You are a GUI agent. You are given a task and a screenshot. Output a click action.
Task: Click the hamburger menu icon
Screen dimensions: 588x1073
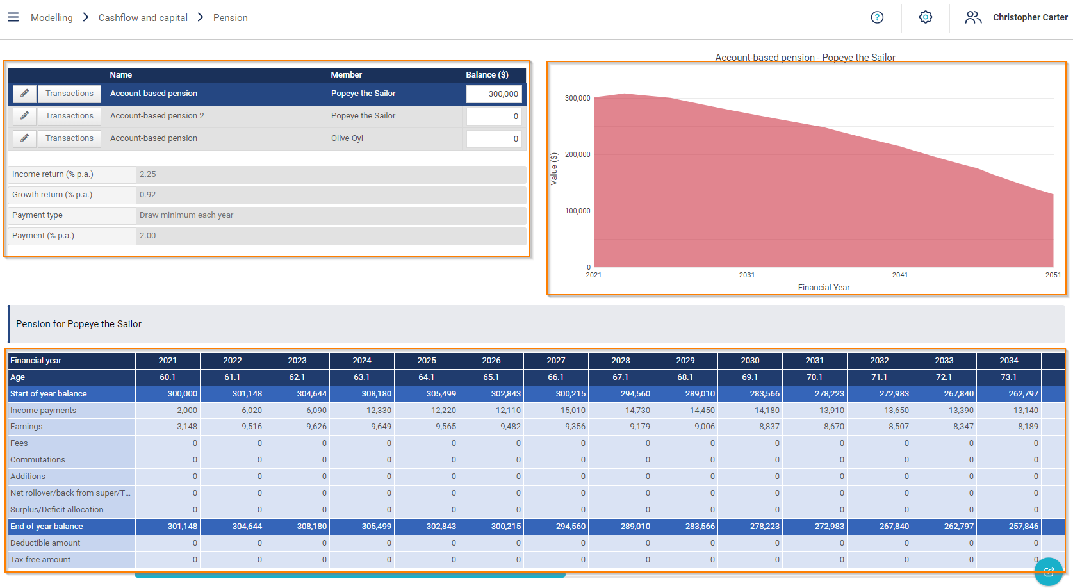point(13,17)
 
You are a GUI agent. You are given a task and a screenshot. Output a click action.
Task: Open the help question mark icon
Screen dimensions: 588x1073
point(877,17)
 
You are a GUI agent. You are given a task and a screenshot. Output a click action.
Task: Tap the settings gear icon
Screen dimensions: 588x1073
point(925,17)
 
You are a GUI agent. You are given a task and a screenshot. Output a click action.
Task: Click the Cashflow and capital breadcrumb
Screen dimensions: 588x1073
point(143,18)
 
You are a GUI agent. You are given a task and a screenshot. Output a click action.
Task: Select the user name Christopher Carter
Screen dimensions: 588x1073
point(1030,17)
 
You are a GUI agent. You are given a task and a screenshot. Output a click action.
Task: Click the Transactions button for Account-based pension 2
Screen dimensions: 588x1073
point(69,116)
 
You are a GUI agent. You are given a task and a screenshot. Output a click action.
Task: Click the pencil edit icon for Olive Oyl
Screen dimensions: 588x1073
point(24,138)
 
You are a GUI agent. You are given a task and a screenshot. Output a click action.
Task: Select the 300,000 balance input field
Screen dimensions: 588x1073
point(494,94)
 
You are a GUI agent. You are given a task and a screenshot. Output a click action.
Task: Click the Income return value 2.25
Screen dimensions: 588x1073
point(148,174)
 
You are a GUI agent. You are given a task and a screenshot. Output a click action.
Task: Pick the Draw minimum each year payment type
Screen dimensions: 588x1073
point(186,215)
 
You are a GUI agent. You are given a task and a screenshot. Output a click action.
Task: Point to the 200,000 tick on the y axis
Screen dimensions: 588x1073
point(577,154)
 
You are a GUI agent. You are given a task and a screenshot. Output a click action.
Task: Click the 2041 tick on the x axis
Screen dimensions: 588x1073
point(899,275)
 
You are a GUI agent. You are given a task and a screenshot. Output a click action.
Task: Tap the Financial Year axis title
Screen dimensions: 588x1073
point(824,288)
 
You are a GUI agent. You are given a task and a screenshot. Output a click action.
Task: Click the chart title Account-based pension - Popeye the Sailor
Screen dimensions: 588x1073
point(805,57)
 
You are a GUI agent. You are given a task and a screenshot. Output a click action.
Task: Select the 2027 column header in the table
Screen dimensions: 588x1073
point(555,361)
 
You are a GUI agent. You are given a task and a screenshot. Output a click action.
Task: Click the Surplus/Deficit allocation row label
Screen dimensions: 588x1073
point(57,510)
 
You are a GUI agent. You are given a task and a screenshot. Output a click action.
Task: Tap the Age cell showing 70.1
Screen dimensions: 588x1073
point(814,377)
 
